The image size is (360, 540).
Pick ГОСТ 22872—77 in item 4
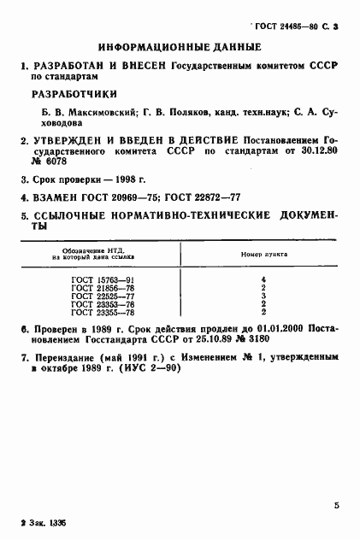pyautogui.click(x=226, y=198)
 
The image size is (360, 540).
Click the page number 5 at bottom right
pyautogui.click(x=336, y=506)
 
